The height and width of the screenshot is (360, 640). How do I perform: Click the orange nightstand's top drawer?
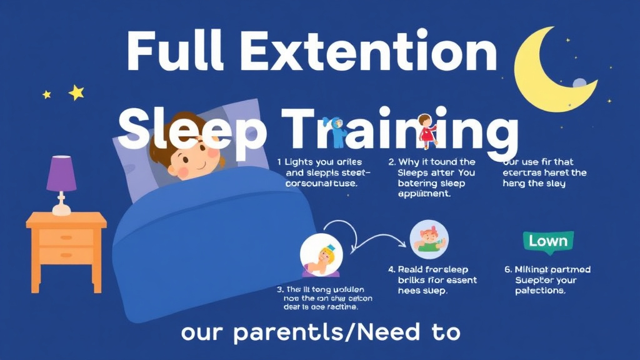point(66,237)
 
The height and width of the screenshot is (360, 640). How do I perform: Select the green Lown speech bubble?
point(547,241)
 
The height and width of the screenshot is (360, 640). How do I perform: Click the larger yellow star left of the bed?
point(76,92)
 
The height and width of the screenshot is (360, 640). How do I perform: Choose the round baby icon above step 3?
point(321,256)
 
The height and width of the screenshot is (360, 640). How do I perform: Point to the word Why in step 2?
point(410,162)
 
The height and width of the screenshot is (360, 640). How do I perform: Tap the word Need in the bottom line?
point(377,332)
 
